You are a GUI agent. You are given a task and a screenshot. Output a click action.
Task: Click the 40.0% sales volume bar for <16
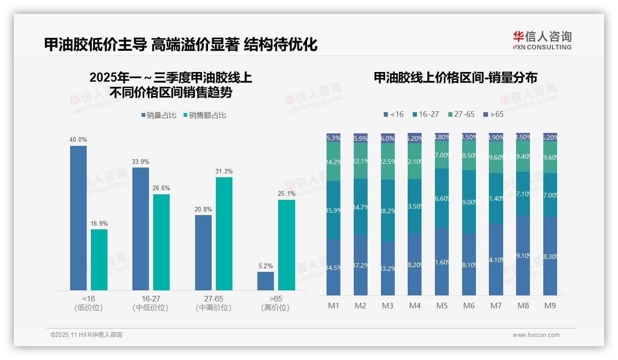78,218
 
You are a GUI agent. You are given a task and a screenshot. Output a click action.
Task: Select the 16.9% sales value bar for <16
99,260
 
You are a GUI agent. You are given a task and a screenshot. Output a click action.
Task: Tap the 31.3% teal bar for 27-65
224,234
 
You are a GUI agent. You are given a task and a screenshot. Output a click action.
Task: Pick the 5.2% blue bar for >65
266,281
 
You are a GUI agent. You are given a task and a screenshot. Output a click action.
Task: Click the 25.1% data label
286,194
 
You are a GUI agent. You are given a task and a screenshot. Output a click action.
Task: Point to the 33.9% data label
141,162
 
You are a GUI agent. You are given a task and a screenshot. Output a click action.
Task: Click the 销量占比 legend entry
159,115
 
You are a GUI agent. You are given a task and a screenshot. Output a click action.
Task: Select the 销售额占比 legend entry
205,115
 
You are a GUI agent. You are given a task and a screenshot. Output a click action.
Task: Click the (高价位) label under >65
275,308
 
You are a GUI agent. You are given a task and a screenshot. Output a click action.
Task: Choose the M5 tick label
442,306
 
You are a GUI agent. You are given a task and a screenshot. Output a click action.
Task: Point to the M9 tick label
550,306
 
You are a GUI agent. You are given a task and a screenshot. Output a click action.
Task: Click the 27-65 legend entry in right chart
461,114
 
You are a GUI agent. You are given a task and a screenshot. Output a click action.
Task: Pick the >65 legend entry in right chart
493,114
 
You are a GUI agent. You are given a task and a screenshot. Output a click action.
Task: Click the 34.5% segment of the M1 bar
333,268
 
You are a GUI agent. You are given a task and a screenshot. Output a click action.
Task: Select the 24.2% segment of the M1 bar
333,162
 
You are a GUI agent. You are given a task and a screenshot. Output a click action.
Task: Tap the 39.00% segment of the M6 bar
469,202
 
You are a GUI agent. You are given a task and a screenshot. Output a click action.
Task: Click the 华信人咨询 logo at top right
542,40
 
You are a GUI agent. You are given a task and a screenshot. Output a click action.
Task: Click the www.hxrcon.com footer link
536,335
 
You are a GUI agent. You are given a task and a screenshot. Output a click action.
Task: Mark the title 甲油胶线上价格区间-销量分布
455,78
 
